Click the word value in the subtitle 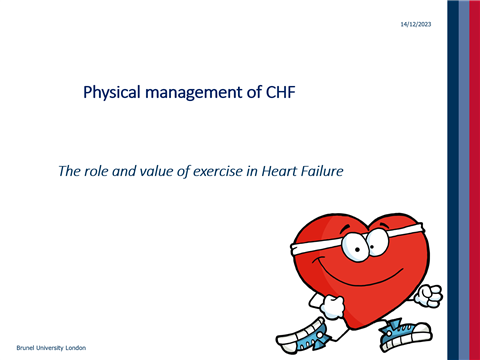(153, 171)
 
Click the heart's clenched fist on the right (430, 294)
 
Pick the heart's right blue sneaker (411, 330)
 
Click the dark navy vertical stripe (453, 180)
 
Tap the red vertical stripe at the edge (475, 180)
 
